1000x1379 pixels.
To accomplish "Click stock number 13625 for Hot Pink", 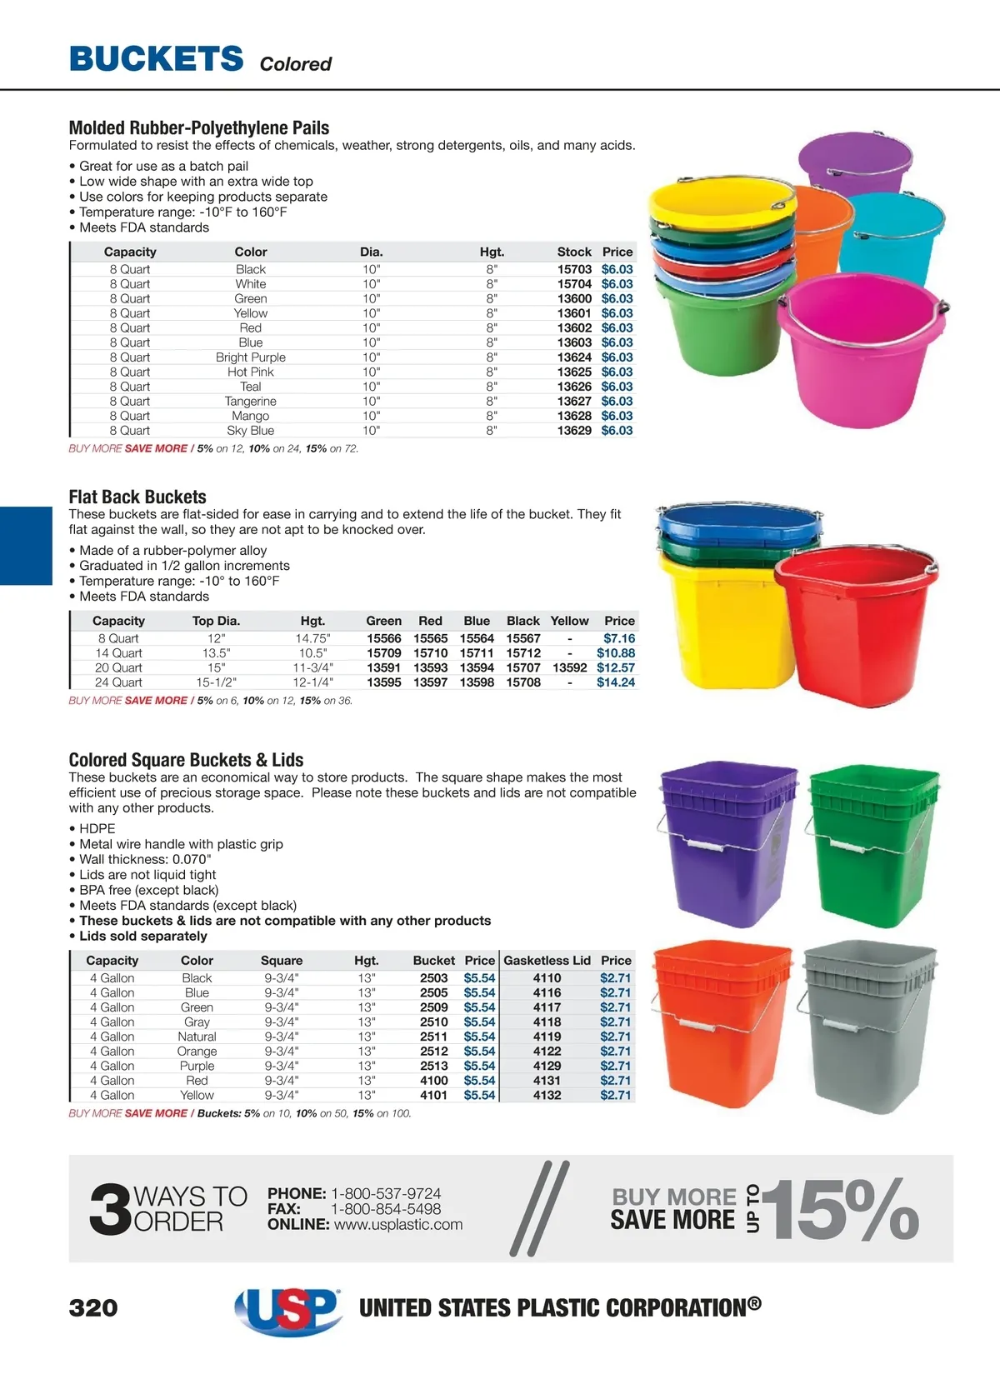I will point(574,372).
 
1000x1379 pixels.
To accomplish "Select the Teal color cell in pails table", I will point(250,387).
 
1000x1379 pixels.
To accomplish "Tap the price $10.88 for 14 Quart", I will point(615,653).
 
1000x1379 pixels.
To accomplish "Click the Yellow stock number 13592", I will point(569,667).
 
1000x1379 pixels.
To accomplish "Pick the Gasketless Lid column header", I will point(547,960).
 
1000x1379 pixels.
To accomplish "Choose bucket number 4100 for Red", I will point(433,1081).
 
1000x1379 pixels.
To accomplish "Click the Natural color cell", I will point(197,1037).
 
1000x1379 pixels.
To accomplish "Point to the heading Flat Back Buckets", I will point(137,497).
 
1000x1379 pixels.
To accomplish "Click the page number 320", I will point(93,1307).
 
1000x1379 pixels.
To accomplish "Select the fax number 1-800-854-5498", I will point(386,1209).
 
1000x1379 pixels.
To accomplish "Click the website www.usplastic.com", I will point(397,1225).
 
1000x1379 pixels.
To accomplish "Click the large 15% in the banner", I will point(842,1209).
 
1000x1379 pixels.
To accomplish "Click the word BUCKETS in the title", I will point(157,59).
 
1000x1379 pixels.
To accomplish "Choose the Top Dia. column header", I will point(216,621).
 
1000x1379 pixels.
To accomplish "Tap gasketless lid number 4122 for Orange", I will point(547,1052).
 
